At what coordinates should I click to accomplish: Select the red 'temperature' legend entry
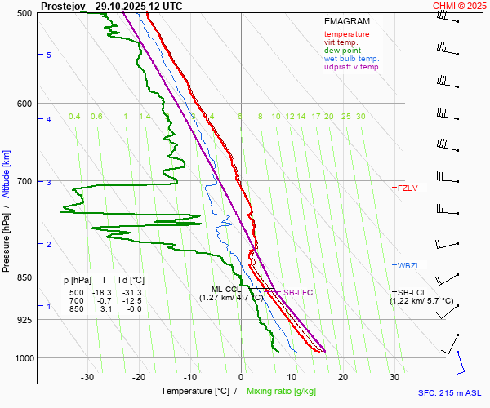[x=346, y=34]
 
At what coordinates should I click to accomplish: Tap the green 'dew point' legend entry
[x=341, y=51]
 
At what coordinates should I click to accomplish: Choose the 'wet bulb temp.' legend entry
[x=351, y=59]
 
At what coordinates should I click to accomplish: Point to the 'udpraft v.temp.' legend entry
[x=352, y=67]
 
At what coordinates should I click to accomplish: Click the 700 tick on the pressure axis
[x=24, y=181]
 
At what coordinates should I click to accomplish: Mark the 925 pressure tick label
[x=24, y=320]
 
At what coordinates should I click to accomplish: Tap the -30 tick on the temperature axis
[x=87, y=377]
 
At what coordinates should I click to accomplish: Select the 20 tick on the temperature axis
[x=343, y=377]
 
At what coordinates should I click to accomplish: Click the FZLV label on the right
[x=408, y=188]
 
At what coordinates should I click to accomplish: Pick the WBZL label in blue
[x=408, y=266]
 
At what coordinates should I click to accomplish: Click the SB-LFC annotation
[x=298, y=292]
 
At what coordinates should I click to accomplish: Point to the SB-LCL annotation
[x=413, y=292]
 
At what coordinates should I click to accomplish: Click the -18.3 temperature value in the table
[x=102, y=292]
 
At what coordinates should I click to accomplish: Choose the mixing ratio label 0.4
[x=74, y=117]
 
